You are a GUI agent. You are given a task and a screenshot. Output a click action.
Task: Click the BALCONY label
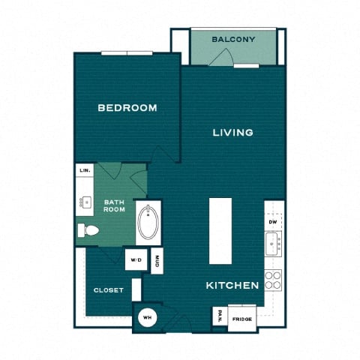click(x=233, y=40)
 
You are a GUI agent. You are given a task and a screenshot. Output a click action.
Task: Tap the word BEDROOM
click(x=127, y=108)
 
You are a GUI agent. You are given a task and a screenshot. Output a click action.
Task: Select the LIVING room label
click(x=232, y=133)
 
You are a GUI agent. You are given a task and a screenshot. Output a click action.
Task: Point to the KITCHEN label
click(x=232, y=285)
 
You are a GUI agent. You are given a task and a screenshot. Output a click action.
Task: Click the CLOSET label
click(x=109, y=290)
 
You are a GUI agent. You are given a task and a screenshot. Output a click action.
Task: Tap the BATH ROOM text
click(x=114, y=205)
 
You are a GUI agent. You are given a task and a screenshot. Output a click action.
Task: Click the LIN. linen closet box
click(x=85, y=170)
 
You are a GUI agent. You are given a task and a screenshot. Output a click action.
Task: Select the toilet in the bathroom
click(x=88, y=230)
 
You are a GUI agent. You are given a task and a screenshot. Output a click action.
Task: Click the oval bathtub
click(x=148, y=223)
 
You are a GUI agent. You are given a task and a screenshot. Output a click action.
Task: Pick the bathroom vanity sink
click(x=86, y=202)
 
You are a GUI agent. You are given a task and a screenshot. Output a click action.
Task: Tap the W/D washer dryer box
click(x=136, y=259)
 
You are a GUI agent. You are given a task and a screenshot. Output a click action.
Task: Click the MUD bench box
click(x=157, y=261)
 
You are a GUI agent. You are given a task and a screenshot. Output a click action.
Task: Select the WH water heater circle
click(x=148, y=317)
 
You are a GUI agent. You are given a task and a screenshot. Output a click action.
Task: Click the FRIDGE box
click(x=242, y=319)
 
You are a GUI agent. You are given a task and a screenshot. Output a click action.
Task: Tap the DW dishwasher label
click(x=273, y=222)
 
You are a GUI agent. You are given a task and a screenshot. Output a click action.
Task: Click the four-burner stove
click(x=273, y=280)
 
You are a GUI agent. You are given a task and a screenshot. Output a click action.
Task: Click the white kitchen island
click(x=220, y=231)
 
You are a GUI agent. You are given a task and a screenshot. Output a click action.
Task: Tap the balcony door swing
click(x=221, y=57)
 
